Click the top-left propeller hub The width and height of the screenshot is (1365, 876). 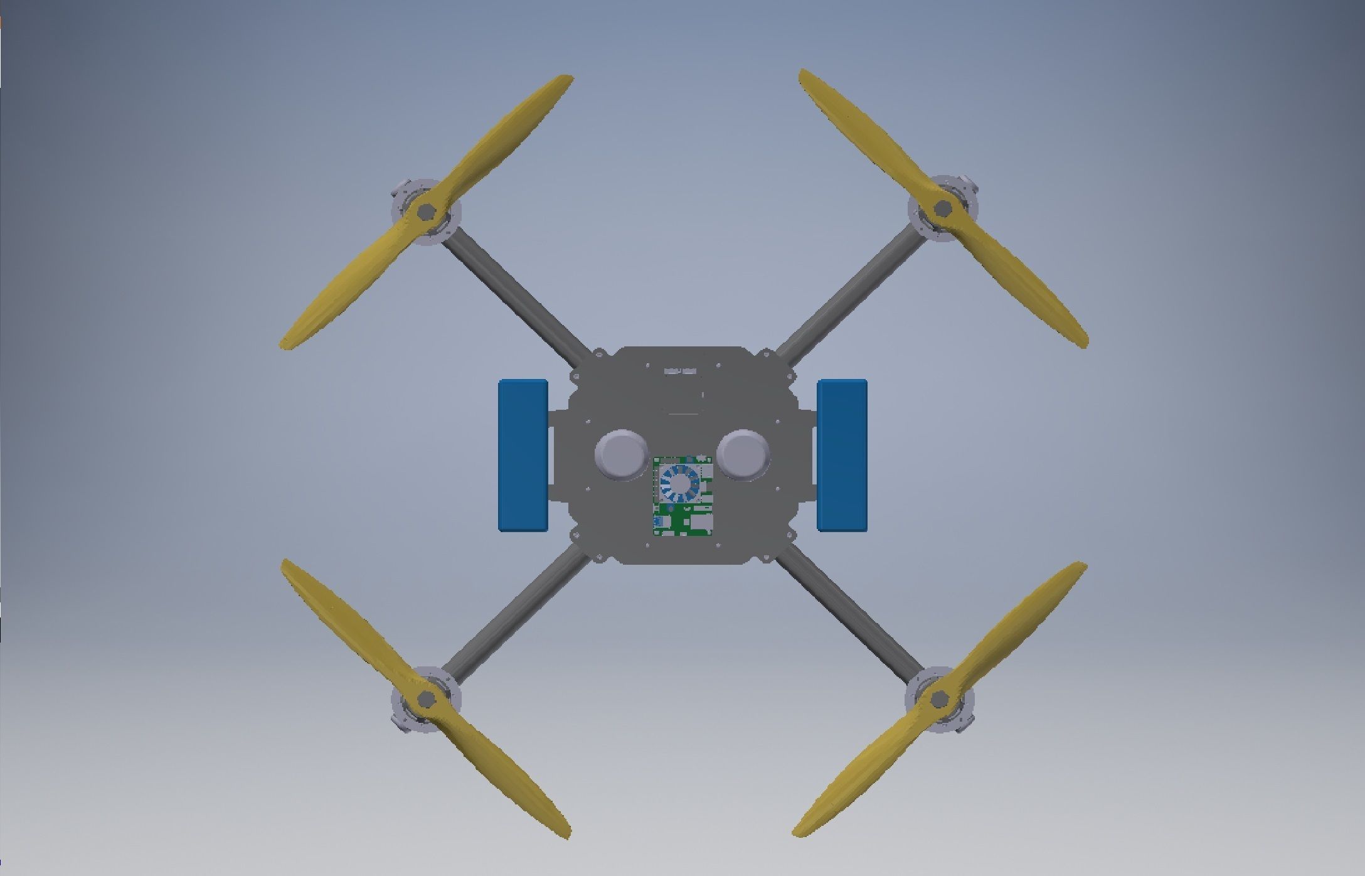(425, 211)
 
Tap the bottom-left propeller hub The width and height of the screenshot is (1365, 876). (426, 698)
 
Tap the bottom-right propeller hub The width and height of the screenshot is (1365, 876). (940, 698)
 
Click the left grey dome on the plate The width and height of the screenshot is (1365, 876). (621, 453)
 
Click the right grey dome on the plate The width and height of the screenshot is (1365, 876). (744, 453)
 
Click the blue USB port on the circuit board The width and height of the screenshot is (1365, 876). (661, 522)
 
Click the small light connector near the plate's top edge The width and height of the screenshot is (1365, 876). (681, 371)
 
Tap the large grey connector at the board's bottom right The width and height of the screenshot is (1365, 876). (702, 523)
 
